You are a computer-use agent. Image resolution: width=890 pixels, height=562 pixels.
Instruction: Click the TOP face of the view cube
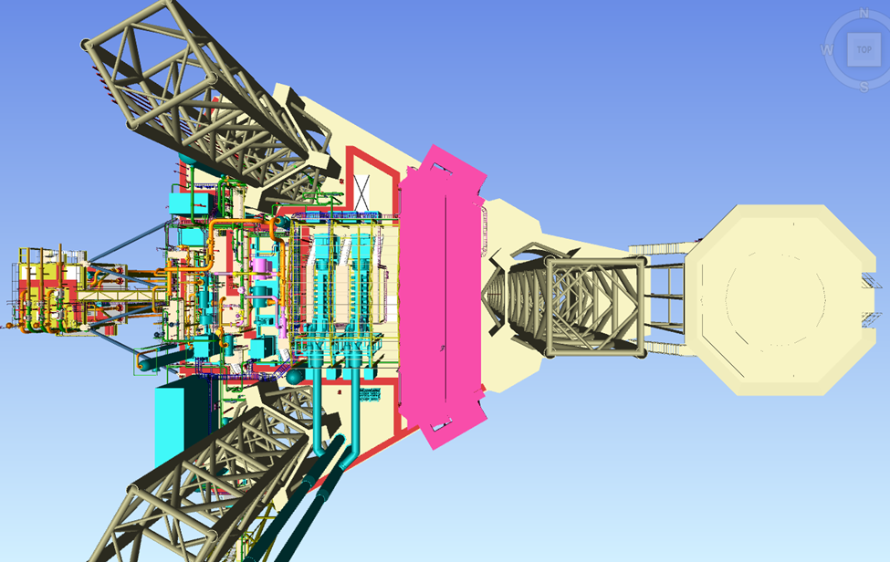point(864,49)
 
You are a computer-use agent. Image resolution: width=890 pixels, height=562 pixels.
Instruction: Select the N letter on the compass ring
point(864,13)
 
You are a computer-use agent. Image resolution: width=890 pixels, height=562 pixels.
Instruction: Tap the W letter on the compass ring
point(827,50)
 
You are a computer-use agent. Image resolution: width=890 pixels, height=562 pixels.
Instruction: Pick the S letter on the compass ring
point(864,87)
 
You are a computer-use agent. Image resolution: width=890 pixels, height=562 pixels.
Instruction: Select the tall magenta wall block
point(442,297)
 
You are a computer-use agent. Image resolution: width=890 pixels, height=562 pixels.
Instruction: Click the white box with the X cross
point(361,191)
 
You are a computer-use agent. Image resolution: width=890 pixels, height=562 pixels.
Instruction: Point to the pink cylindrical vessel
point(262,265)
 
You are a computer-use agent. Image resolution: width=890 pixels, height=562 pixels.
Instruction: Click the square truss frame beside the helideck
point(596,307)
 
